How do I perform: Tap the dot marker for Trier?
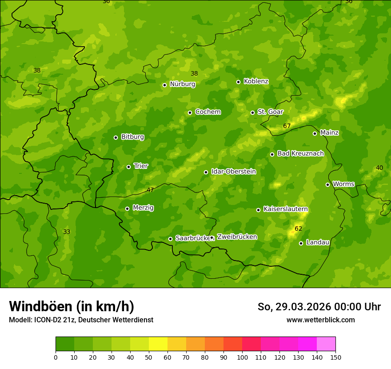click(x=129, y=167)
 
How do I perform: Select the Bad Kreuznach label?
click(x=300, y=153)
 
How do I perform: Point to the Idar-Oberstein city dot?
click(x=206, y=172)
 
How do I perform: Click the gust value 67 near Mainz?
click(x=287, y=126)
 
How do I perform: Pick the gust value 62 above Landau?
click(x=299, y=229)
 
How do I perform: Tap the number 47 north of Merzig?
click(x=150, y=190)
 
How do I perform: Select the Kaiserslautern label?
click(x=286, y=209)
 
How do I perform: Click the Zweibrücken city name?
click(x=237, y=237)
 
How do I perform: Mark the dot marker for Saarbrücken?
click(x=170, y=239)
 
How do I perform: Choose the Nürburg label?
click(x=182, y=84)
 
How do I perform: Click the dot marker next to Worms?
click(x=327, y=184)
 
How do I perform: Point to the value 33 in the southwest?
click(x=67, y=232)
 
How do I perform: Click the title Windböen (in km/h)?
click(x=72, y=306)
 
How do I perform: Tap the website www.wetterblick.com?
click(x=320, y=320)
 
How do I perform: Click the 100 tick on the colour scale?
click(x=242, y=357)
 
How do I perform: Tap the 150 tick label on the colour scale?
click(x=335, y=357)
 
